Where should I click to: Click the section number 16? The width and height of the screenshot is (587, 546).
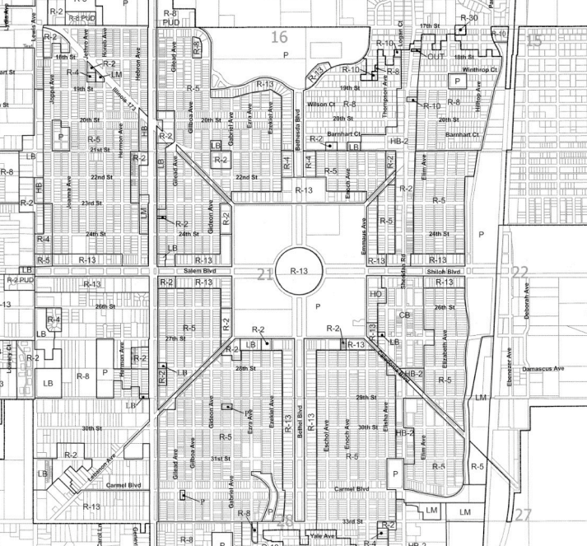pyautogui.click(x=280, y=37)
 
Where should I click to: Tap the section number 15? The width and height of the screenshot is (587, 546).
pyautogui.click(x=534, y=41)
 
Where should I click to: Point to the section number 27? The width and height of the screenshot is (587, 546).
pyautogui.click(x=524, y=515)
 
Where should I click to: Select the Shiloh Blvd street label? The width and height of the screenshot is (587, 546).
pyautogui.click(x=443, y=271)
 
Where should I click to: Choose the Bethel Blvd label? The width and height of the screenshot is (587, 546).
pyautogui.click(x=300, y=418)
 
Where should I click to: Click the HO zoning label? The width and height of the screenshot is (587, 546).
pyautogui.click(x=376, y=294)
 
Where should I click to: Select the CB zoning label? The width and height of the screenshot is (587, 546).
pyautogui.click(x=404, y=315)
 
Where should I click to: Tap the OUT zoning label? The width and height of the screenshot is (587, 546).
pyautogui.click(x=436, y=56)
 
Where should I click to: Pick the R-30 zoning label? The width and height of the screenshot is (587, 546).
pyautogui.click(x=468, y=17)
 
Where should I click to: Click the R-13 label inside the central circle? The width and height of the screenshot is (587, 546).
pyautogui.click(x=298, y=271)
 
